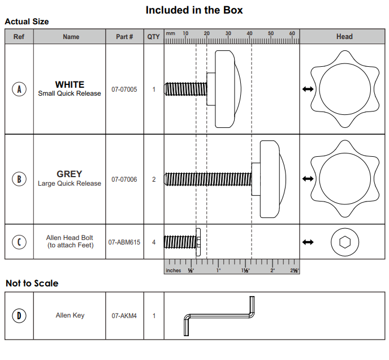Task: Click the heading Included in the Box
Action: [x=194, y=10]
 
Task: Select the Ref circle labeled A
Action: [x=19, y=89]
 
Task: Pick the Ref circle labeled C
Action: [x=19, y=242]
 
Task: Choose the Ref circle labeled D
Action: [x=19, y=315]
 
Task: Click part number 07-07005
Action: [x=124, y=89]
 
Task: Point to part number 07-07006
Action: [x=124, y=179]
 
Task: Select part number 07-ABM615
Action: [x=124, y=242]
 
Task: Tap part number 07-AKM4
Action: [x=124, y=316]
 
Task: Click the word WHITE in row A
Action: [x=70, y=84]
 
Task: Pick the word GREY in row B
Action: [x=70, y=174]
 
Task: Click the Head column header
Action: [x=344, y=37]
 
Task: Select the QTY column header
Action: [x=154, y=37]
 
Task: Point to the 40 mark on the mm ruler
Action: [x=250, y=34]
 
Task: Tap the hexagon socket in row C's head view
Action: [x=344, y=242]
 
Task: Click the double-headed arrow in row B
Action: [x=308, y=179]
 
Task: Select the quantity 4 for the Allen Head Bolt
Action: [x=154, y=242]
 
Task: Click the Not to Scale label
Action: [x=32, y=283]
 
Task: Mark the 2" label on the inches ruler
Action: [x=272, y=271]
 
